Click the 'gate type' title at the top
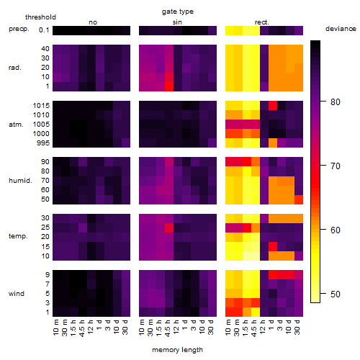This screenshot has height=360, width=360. (178, 12)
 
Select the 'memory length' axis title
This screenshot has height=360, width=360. (177, 350)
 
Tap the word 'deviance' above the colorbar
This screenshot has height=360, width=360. (341, 29)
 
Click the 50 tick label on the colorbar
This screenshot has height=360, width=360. (336, 294)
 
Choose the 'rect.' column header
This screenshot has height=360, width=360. (262, 22)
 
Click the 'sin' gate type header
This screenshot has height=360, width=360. (177, 22)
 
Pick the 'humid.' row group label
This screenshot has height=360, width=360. (20, 181)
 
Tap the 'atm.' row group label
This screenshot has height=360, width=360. (16, 125)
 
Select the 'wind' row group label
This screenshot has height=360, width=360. (17, 294)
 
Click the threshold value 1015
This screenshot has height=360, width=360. (41, 106)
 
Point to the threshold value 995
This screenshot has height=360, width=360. (43, 143)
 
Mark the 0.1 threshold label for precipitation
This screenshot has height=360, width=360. (44, 30)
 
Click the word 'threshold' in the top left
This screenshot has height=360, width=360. (40, 17)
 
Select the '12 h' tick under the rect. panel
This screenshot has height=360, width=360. (263, 327)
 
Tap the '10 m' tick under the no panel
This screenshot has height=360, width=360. (55, 328)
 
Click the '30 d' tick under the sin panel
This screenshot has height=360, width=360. (211, 328)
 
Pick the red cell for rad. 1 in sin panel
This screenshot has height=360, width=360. (169, 86)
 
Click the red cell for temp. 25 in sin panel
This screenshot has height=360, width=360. (169, 228)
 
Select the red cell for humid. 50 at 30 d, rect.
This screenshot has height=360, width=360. (299, 199)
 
